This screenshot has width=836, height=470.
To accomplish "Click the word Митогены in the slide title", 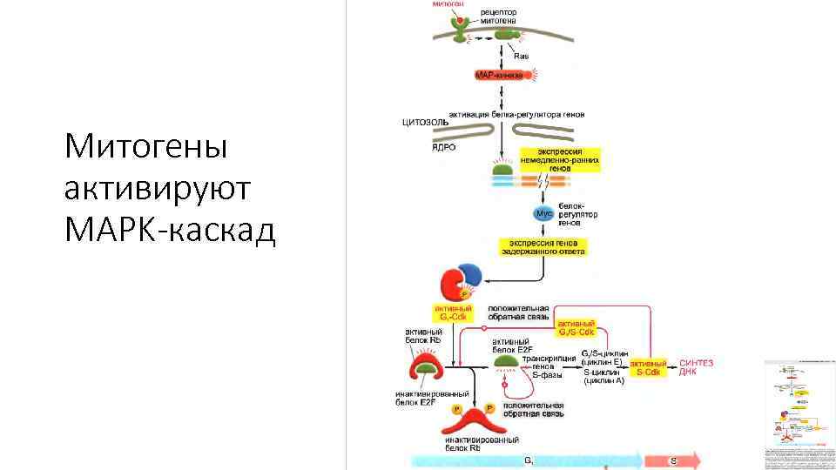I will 145,145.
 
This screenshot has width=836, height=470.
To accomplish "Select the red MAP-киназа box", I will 499,76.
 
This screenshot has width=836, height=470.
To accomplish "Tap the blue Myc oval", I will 544,212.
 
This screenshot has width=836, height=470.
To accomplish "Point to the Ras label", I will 522,56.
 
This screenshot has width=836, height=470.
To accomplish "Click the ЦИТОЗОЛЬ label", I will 426,122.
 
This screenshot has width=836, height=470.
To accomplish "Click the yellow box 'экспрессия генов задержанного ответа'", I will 543,246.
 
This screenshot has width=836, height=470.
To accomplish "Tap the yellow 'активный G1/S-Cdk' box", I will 576,328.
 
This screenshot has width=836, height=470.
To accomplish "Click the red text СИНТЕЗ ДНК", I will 696,367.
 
